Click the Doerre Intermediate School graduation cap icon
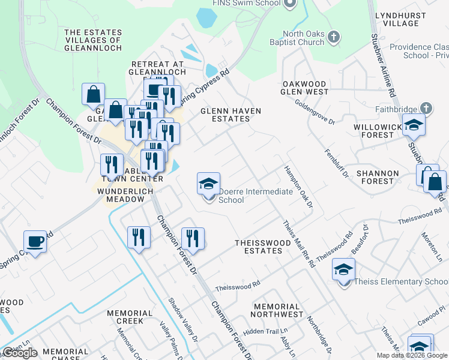209,184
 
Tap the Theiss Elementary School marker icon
344,269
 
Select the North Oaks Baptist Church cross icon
334,38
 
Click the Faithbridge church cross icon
426,109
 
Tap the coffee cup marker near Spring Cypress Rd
35,241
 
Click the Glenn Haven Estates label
225,115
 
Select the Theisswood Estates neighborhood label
259,247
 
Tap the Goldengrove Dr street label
315,112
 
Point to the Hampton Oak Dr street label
299,187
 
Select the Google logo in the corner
20,353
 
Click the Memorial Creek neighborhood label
130,317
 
